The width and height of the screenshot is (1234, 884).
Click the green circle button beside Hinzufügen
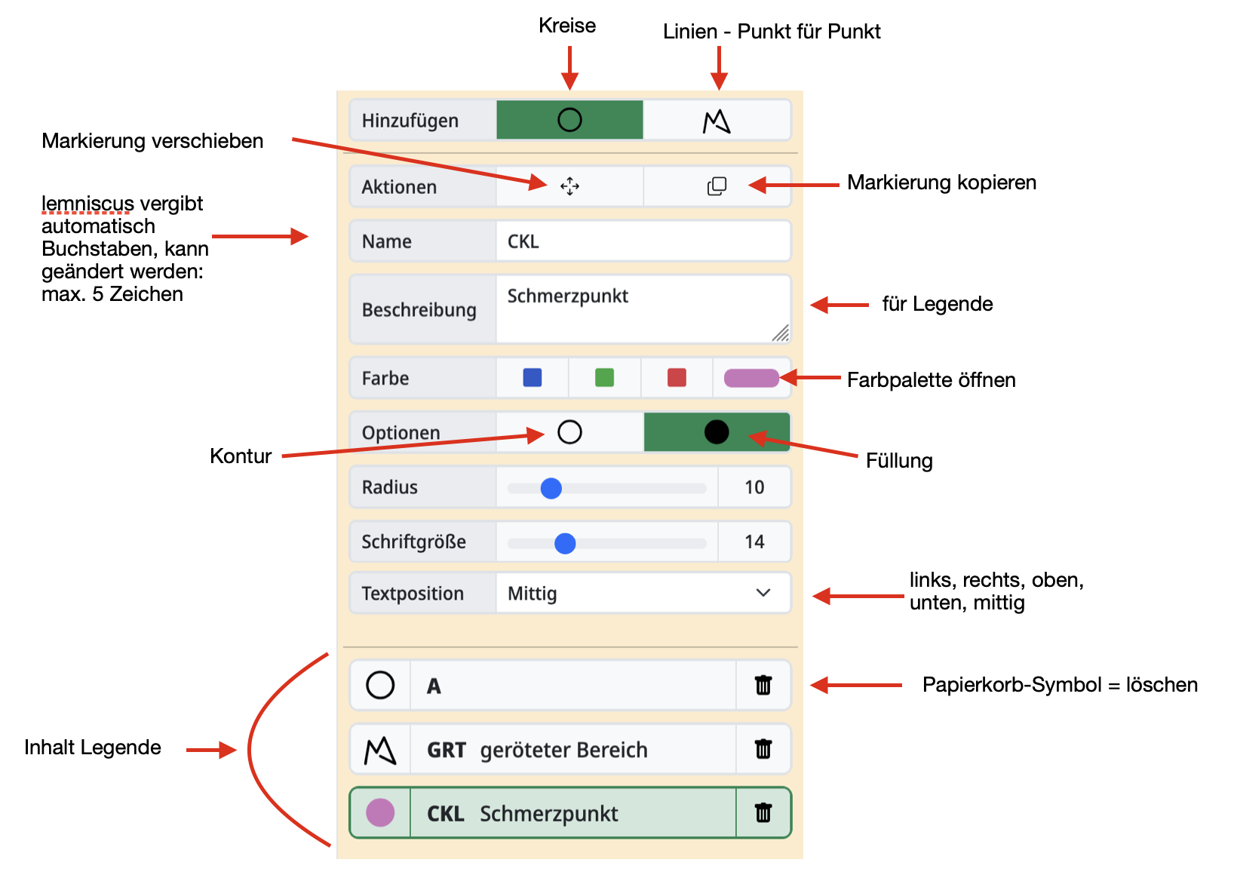[x=569, y=120]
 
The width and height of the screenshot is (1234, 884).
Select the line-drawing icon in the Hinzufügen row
[x=717, y=121]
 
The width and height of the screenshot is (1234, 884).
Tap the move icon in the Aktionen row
[x=569, y=186]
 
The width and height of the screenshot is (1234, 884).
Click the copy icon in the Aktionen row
[x=717, y=186]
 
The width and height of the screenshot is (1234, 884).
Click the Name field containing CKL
[x=643, y=241]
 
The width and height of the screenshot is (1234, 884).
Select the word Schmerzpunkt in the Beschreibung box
[x=567, y=296]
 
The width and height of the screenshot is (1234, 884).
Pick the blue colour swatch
[x=532, y=377]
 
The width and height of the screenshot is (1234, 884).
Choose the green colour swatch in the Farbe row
[x=604, y=377]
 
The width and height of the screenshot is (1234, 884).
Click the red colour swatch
[x=677, y=377]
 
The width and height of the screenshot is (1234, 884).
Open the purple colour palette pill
[x=751, y=378]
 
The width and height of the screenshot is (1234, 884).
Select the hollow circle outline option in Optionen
[x=569, y=432]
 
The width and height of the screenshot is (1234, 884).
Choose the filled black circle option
[x=716, y=432]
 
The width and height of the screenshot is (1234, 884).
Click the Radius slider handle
[x=551, y=488]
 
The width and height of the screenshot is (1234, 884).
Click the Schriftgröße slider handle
[x=565, y=543]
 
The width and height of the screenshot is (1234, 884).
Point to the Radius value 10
[x=754, y=487]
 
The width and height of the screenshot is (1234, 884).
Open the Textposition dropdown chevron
[x=763, y=593]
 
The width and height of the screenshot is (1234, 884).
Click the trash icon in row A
[x=763, y=685]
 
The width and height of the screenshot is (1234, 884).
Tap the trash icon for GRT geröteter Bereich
[x=763, y=749]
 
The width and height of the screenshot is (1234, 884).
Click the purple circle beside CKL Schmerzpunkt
[x=380, y=812]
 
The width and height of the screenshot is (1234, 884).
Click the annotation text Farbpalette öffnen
[x=931, y=380]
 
